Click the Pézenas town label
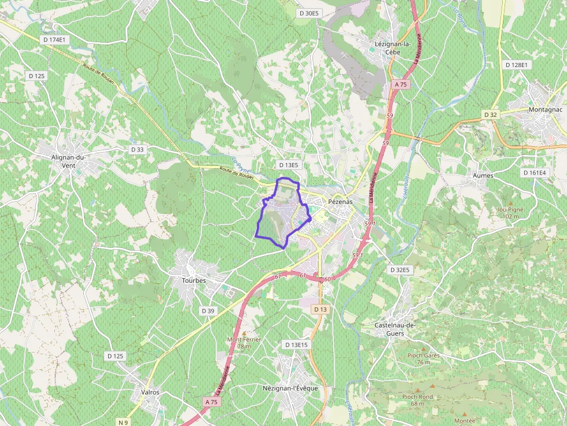pyautogui.click(x=340, y=202)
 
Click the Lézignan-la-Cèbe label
pyautogui.click(x=393, y=47)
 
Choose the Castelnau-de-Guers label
pyautogui.click(x=396, y=329)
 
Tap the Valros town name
pyautogui.click(x=150, y=392)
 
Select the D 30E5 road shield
pyautogui.click(x=308, y=13)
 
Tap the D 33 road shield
pyautogui.click(x=137, y=149)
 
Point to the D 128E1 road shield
pyautogui.click(x=516, y=65)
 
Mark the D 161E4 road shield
pyautogui.click(x=534, y=172)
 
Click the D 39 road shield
pyautogui.click(x=208, y=310)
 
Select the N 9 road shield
pyautogui.click(x=123, y=423)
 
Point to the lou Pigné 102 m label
pyautogui.click(x=509, y=213)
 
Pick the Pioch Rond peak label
pyautogui.click(x=418, y=399)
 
